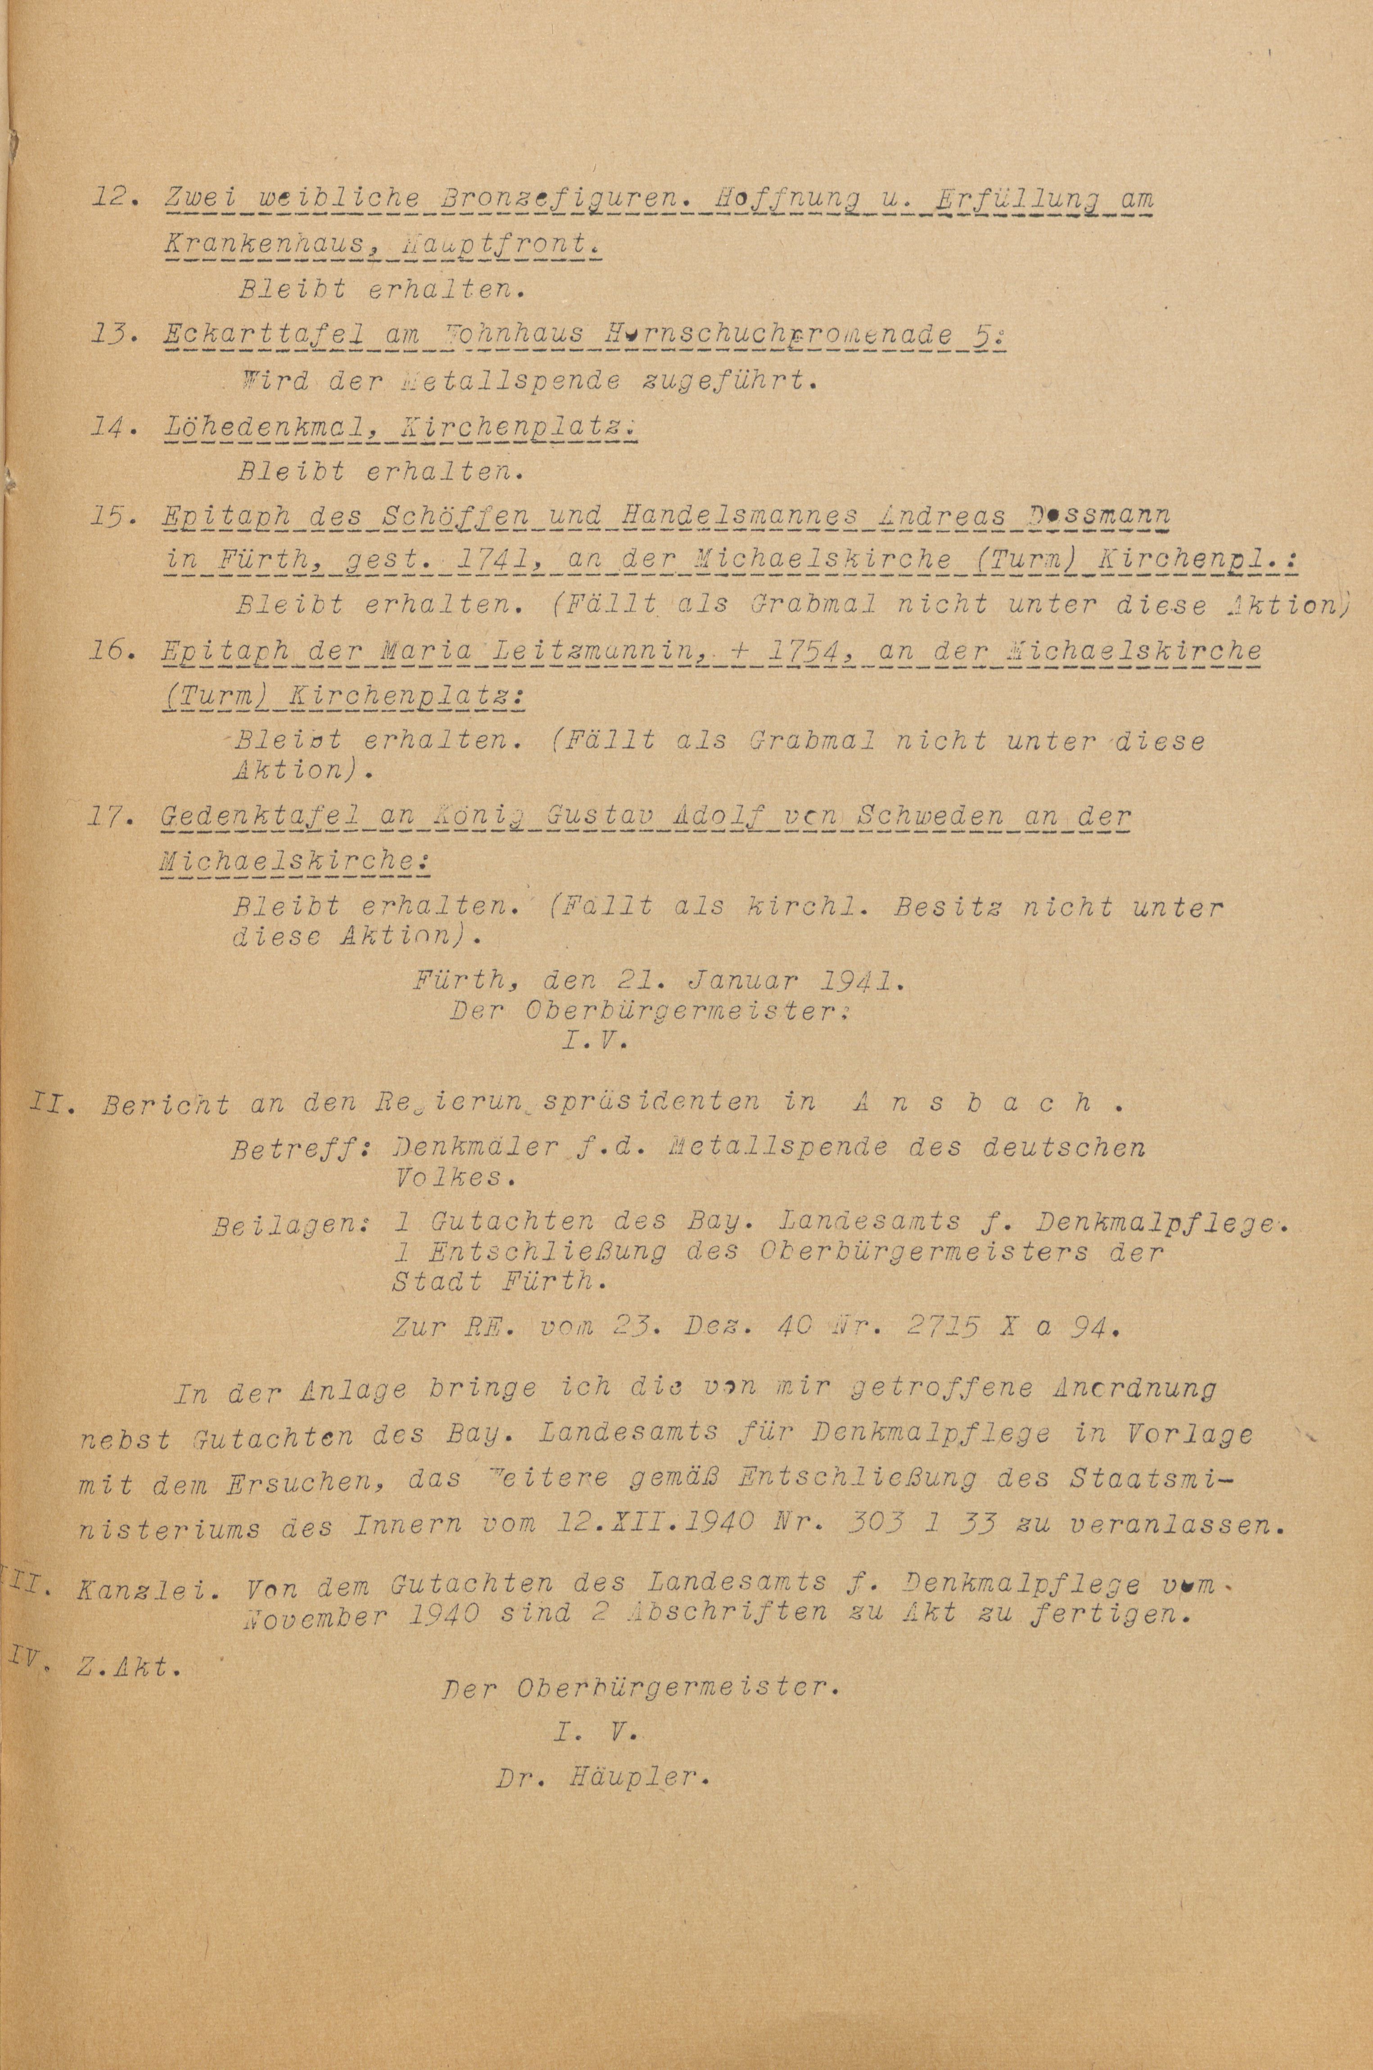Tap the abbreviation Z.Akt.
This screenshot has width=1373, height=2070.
pos(127,1667)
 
